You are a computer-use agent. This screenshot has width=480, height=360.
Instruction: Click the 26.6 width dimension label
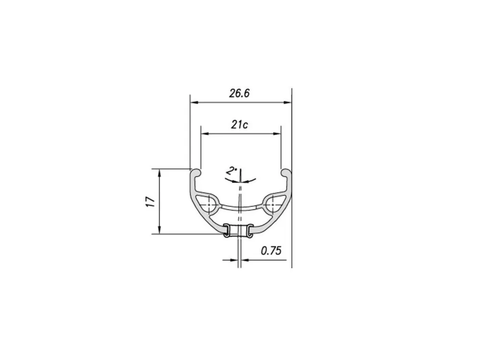[x=240, y=93]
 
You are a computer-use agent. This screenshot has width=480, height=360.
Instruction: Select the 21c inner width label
[x=240, y=125]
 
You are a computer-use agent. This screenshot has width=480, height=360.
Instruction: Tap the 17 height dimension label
[x=151, y=202]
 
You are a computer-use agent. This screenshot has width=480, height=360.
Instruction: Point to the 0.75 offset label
[x=271, y=251]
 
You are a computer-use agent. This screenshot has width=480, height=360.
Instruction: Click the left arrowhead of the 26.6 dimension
[x=194, y=103]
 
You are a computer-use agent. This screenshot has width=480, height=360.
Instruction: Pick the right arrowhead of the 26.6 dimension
[x=288, y=103]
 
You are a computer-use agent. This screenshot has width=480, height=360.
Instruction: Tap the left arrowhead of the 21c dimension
[x=205, y=133]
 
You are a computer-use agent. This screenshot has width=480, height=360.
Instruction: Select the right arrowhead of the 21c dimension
[x=277, y=133]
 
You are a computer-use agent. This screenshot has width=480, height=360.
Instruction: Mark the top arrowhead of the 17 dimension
[x=159, y=173]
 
